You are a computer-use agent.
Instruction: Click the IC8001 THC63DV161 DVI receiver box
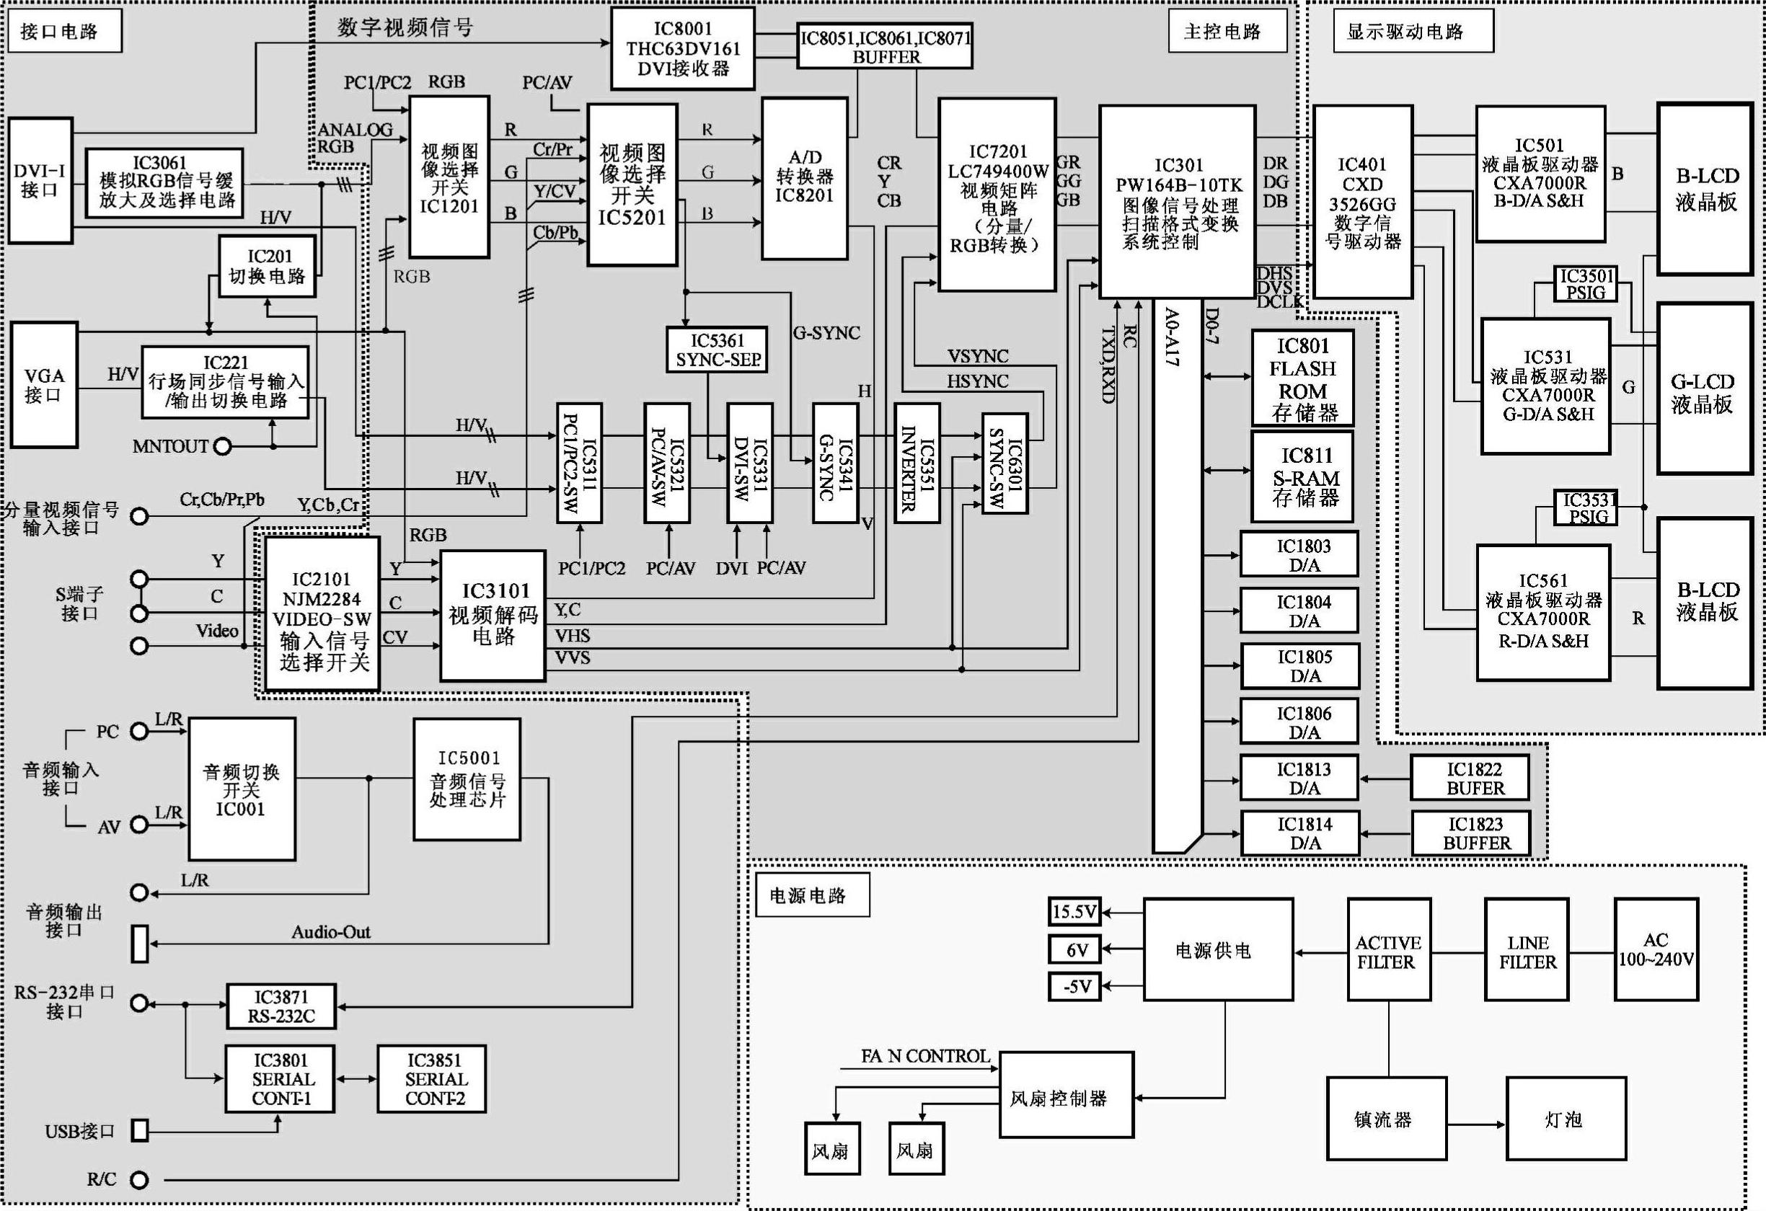682,48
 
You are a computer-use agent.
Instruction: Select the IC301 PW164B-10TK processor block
1176,202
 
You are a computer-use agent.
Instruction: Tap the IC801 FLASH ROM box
1302,378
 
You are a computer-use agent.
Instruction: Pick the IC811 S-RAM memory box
1302,476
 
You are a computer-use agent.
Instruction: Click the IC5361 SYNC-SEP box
718,350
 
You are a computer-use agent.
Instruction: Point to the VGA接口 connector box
44,384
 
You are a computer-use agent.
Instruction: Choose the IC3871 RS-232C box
281,1006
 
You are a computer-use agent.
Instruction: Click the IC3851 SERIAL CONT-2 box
432,1079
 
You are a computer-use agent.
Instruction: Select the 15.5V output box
1074,912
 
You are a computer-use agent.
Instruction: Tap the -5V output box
1074,987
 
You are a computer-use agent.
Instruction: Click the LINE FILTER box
1527,949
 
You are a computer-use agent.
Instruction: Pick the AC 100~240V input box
1656,949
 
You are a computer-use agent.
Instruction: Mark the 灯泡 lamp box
1566,1118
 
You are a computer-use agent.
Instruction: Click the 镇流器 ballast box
1386,1118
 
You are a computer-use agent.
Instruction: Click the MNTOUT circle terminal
222,447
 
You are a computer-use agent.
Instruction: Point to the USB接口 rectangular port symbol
140,1130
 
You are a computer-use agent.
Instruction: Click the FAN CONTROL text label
924,1056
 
